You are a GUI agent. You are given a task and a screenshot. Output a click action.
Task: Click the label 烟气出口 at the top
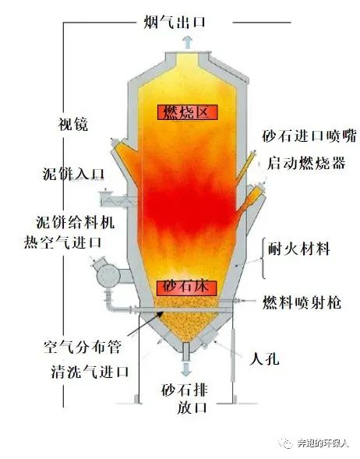[x=175, y=22]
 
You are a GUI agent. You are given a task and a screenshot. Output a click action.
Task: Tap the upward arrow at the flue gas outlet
[x=188, y=42]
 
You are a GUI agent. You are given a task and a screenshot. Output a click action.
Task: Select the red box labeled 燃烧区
[x=188, y=112]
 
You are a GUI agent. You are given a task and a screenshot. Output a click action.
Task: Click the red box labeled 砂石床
[x=186, y=288]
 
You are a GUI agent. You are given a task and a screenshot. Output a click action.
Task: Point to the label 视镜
[x=73, y=125]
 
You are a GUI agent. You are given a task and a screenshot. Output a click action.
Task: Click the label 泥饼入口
[x=73, y=175]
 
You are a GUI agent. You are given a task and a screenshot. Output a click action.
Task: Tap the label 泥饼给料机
[x=76, y=223]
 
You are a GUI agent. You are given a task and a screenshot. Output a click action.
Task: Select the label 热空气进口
[x=62, y=242]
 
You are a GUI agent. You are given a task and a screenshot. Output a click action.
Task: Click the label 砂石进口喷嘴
[x=309, y=136]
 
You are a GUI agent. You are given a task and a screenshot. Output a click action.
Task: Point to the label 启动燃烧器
[x=306, y=164]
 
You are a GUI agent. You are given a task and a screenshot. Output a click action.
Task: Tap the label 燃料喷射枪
[x=302, y=302]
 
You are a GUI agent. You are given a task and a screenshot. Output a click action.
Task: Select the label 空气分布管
[x=83, y=348]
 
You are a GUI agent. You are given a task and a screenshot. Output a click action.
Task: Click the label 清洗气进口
[x=90, y=372]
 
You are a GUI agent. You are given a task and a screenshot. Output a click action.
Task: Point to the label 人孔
[x=264, y=358]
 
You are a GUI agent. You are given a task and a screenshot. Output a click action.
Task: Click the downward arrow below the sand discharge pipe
[x=186, y=369]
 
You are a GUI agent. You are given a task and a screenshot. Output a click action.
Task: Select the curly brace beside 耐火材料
[x=263, y=258]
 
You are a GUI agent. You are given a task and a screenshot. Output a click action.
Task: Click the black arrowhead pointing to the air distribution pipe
[x=160, y=314]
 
